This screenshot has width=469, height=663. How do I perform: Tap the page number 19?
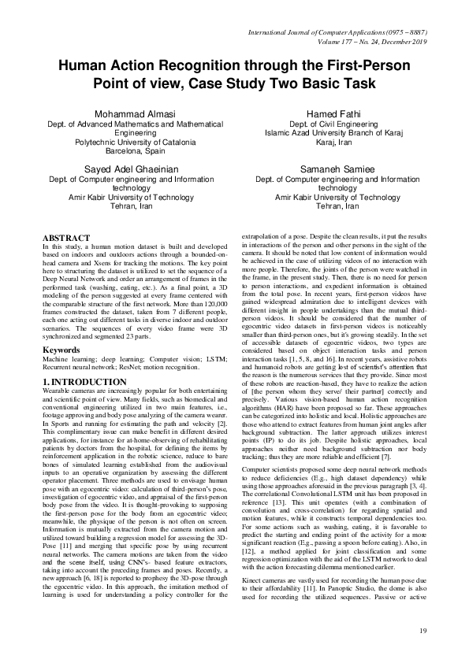tap(422, 630)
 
